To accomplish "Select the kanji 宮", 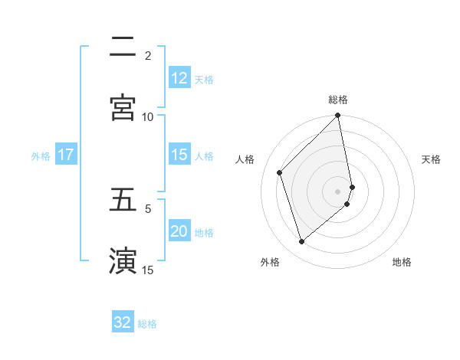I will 123,107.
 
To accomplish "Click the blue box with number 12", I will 179,78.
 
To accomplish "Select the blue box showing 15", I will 179,155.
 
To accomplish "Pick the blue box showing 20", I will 179,231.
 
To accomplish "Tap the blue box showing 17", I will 65,155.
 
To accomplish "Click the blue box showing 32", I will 122,322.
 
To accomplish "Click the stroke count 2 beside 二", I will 148,55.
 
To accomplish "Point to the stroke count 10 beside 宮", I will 148,116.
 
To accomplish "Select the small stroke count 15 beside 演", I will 148,270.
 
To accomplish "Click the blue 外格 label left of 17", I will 41,155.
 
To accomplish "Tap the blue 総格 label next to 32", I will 147,324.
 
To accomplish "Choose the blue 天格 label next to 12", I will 204,79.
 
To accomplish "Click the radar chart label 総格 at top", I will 338,100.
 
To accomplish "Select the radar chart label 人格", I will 245,159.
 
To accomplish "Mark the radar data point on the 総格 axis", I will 338,116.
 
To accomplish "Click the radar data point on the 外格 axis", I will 302,241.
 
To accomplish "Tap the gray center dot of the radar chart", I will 338,191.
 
